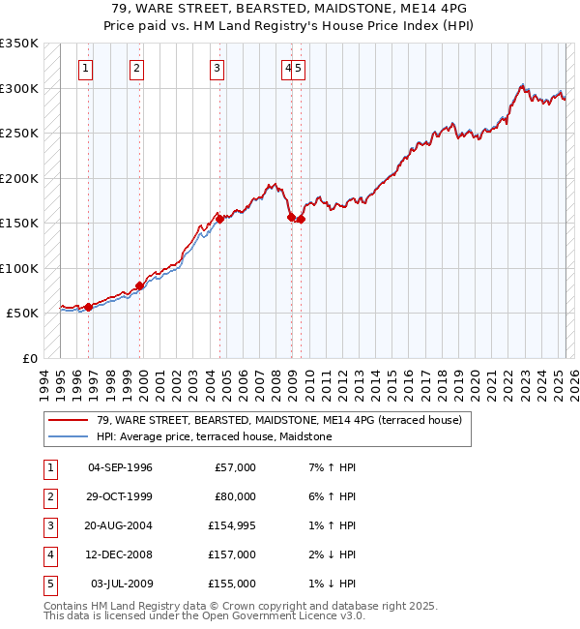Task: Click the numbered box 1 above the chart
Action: click(87, 68)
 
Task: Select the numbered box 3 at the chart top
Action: click(217, 68)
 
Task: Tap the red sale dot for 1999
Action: click(139, 285)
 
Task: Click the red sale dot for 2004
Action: click(219, 219)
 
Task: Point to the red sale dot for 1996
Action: click(88, 307)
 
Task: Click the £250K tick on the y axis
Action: click(19, 134)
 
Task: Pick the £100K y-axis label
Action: click(19, 268)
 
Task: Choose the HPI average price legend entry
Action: click(214, 436)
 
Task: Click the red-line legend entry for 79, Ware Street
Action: click(279, 420)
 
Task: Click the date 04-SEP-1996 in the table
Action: click(120, 467)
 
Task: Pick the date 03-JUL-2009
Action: click(122, 584)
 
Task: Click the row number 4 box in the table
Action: click(49, 554)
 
